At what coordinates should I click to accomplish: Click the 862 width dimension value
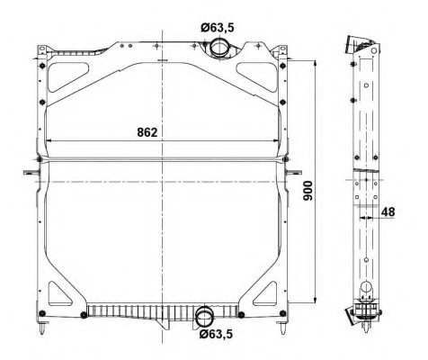pyautogui.click(x=147, y=132)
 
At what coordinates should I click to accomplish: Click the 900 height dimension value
pyautogui.click(x=308, y=191)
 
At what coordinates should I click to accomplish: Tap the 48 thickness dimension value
pyautogui.click(x=388, y=212)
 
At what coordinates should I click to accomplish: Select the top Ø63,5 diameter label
pyautogui.click(x=218, y=28)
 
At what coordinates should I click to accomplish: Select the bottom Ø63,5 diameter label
pyautogui.click(x=216, y=334)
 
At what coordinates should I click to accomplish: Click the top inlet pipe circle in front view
pyautogui.click(x=219, y=48)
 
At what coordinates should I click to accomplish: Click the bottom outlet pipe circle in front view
pyautogui.click(x=205, y=318)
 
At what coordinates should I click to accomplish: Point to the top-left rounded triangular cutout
pyautogui.click(x=67, y=76)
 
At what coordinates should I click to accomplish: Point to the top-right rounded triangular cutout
pyautogui.click(x=256, y=76)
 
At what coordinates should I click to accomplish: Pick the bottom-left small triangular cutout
pyautogui.click(x=59, y=294)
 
